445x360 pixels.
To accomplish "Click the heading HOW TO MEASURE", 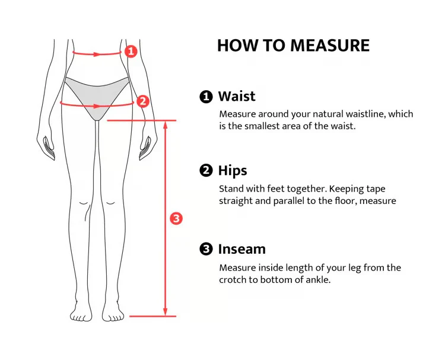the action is [293, 46].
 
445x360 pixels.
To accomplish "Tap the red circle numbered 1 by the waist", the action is [131, 52].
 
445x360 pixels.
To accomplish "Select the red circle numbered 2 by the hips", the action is [143, 101].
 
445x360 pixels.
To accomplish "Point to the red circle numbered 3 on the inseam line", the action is [176, 218].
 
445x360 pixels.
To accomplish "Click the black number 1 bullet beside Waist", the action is [206, 97].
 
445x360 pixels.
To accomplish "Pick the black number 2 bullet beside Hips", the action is [206, 170].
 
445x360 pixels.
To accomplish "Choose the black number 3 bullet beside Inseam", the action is [206, 249].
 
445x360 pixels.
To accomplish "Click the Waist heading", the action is [237, 96].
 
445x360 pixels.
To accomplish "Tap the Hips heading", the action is [233, 171].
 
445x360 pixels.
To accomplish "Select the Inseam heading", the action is [242, 249].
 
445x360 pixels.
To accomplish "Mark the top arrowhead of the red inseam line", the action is [166, 125].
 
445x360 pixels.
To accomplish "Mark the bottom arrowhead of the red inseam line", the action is [166, 312].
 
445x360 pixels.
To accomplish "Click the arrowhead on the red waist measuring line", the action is [97, 54].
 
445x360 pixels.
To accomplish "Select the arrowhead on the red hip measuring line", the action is [97, 106].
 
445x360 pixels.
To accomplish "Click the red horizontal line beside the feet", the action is [152, 316].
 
